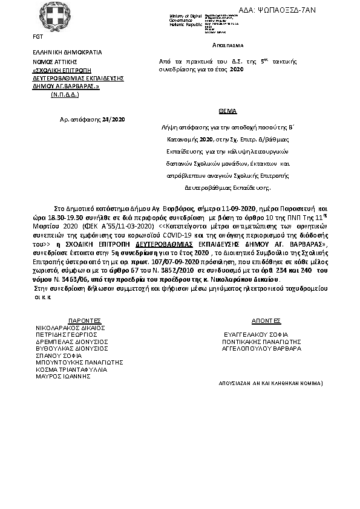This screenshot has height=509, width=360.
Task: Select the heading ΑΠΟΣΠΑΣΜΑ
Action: (227, 45)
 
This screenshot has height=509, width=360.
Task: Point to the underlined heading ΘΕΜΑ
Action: (227, 112)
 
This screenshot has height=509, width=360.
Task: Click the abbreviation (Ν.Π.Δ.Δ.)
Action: (65, 95)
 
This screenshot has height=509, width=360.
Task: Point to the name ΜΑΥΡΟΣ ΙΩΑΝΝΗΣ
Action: (63, 376)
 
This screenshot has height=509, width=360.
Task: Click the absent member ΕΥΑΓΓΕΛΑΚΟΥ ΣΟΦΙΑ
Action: (255, 334)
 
